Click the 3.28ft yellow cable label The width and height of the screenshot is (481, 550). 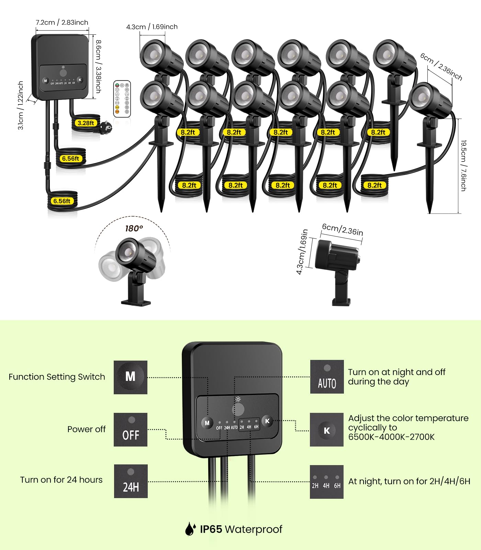pos(86,123)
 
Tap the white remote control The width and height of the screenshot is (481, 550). pos(122,99)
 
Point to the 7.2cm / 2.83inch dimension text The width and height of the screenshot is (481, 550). pos(62,22)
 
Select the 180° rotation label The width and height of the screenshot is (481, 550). pos(134,229)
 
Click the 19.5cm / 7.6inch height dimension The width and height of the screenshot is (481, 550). pos(463,166)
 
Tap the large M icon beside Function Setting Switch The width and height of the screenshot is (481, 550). pos(131,377)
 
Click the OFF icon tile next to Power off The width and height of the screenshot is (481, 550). pos(131,430)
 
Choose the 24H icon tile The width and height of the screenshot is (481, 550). pos(131,481)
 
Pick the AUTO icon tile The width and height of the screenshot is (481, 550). pos(327,377)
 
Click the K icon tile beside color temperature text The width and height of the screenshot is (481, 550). pos(327,430)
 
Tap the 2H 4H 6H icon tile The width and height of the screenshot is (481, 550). pos(327,482)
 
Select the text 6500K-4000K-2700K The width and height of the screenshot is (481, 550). pos(391,437)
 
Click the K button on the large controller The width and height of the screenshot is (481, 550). pos(267,421)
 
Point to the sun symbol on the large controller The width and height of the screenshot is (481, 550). pos(238,399)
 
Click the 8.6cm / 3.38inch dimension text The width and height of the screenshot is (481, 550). pos(98,67)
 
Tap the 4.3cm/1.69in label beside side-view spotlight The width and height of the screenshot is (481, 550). pos(302,252)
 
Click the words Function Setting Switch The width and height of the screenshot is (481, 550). pos(57,377)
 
